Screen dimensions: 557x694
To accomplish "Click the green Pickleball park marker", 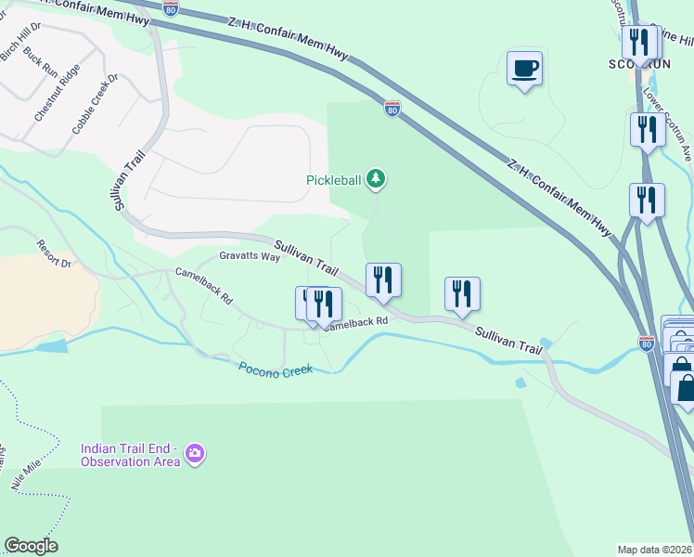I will pos(375,177).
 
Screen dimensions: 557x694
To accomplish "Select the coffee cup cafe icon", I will pos(525,70).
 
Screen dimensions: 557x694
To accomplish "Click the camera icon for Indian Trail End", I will pos(195,453).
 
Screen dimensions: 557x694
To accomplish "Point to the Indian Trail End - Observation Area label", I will pos(130,454).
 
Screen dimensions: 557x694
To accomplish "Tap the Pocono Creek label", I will pos(276,368).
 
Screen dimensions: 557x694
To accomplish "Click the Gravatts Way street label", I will pos(250,256).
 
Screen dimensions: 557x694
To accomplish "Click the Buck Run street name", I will pos(41,63).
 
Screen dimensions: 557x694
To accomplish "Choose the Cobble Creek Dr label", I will pos(96,104).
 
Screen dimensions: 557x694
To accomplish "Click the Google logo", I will pos(31,546).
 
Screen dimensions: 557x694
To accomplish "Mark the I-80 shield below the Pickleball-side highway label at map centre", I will pos(392,109).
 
